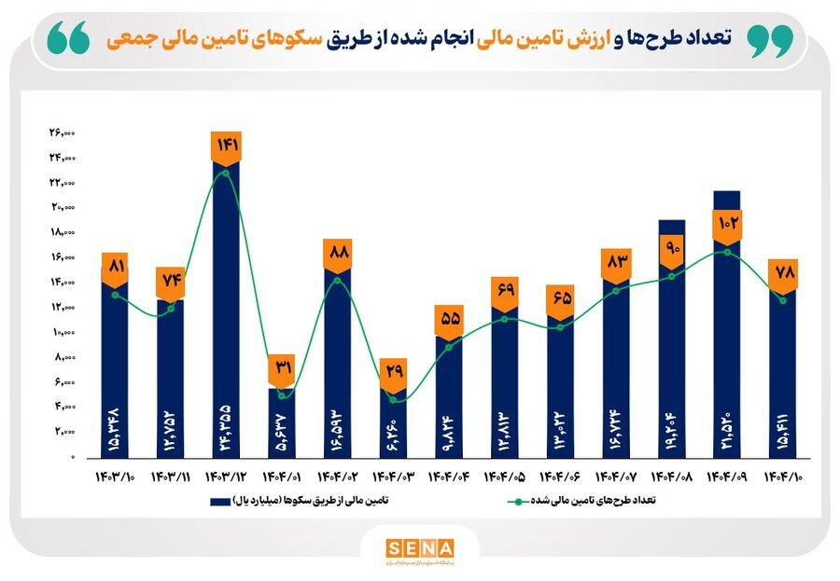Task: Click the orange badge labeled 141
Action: (227, 145)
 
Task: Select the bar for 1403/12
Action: (227, 308)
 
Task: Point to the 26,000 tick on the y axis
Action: (62, 132)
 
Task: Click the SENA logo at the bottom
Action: (419, 547)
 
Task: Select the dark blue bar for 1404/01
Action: (282, 424)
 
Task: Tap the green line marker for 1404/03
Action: (393, 400)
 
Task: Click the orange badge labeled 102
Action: (727, 224)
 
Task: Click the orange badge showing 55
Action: (449, 319)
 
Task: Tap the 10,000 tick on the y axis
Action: (62, 332)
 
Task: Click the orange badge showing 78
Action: (782, 272)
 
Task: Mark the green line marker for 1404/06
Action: (560, 327)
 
